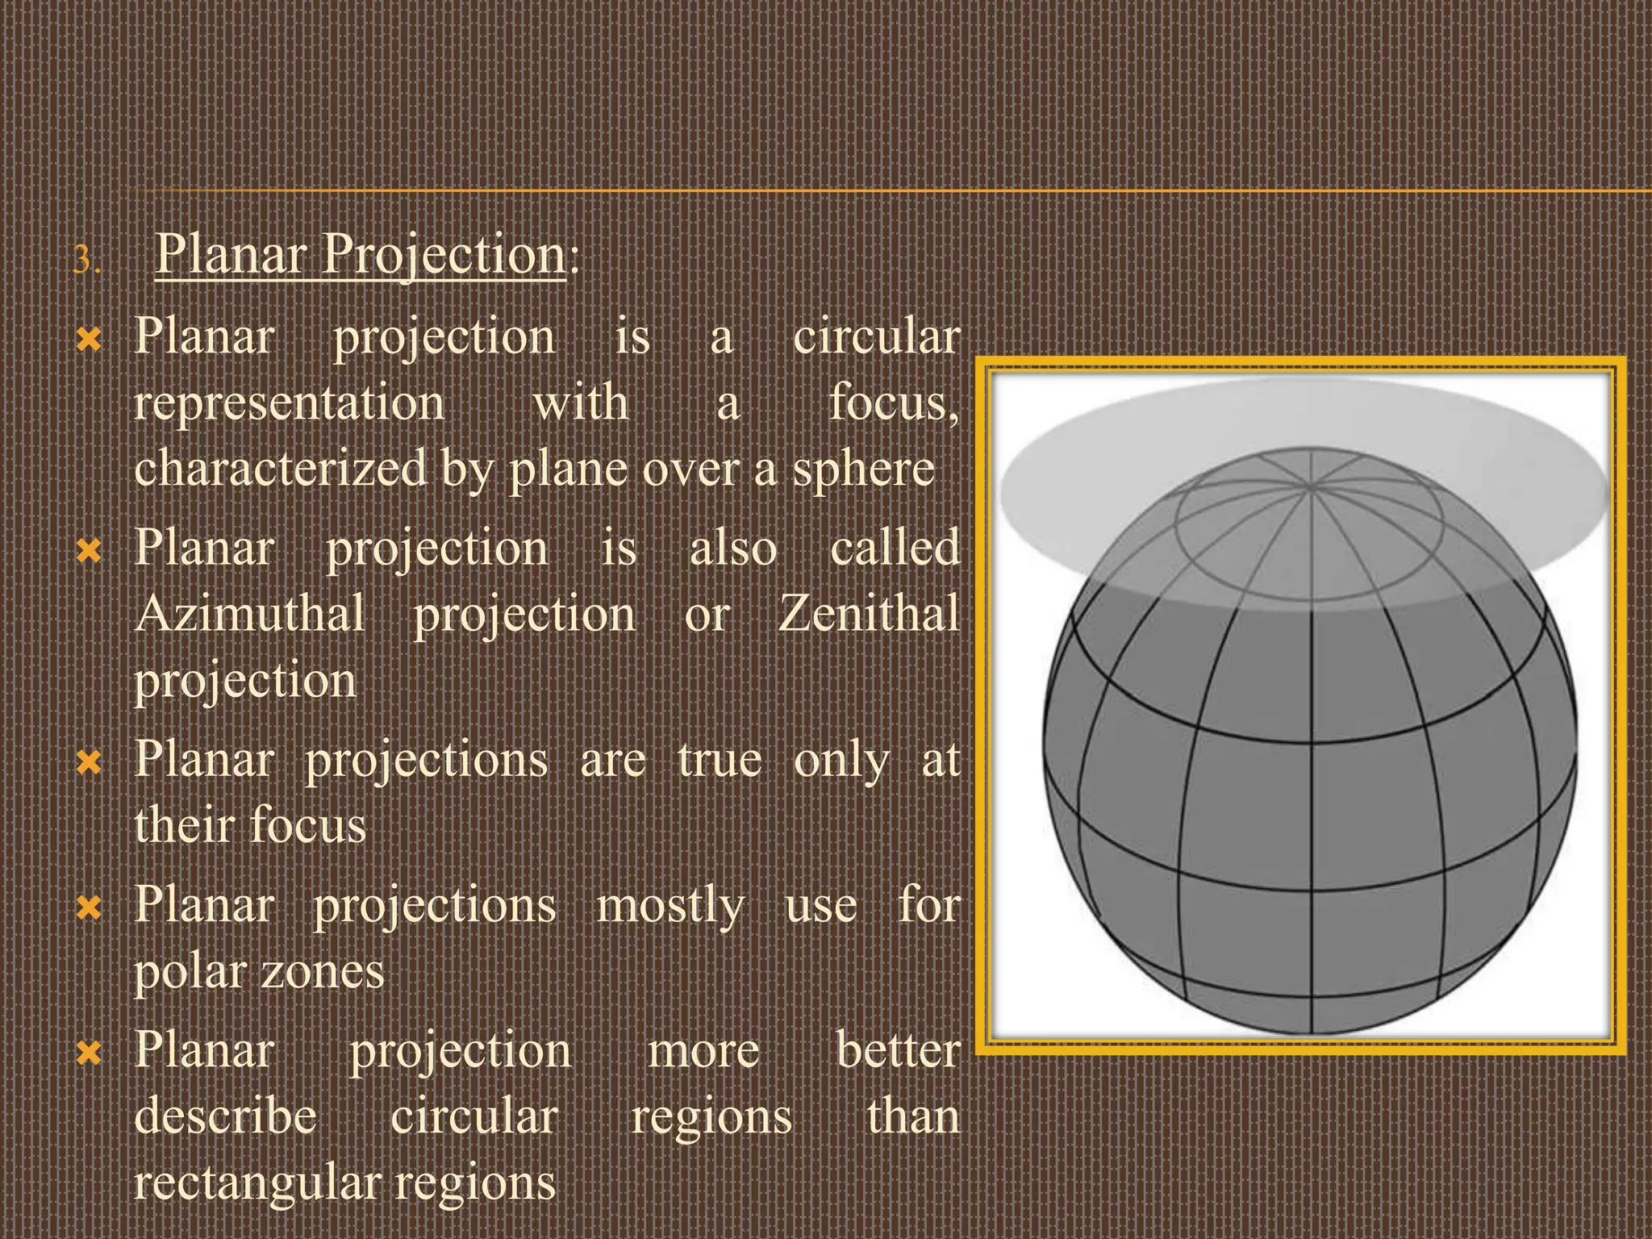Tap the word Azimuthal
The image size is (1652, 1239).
coord(250,614)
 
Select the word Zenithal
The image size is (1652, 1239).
coord(869,614)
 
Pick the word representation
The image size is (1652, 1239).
coord(289,403)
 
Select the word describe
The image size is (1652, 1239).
coord(225,1117)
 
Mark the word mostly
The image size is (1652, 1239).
coord(670,906)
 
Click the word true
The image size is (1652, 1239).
coord(720,760)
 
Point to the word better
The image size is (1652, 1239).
coord(898,1051)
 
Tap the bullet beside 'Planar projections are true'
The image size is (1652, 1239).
coord(89,761)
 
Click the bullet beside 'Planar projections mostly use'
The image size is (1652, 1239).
coord(89,908)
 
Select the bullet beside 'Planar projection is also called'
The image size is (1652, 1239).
coord(89,551)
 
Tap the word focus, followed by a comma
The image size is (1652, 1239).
coord(894,403)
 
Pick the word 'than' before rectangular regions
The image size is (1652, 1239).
coord(913,1117)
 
